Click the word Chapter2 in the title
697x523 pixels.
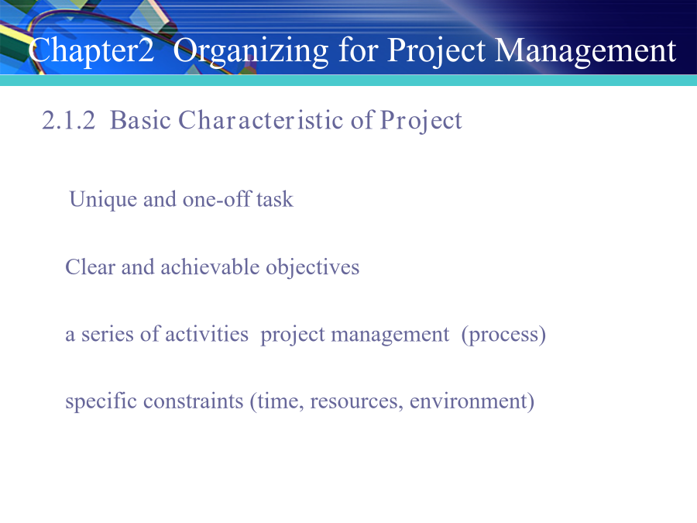[91, 50]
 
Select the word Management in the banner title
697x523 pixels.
[585, 51]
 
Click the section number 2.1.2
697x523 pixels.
[68, 120]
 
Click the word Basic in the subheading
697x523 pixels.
[140, 120]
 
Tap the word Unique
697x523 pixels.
[103, 200]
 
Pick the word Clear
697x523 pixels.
[90, 267]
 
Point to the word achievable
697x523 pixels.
[210, 267]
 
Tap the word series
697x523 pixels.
[107, 335]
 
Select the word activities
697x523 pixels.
[207, 334]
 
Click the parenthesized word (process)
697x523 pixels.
[503, 335]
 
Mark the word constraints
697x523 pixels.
[194, 401]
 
